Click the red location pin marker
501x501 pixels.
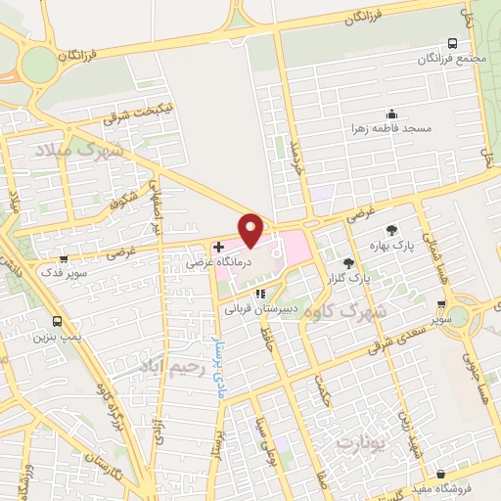pos(252,231)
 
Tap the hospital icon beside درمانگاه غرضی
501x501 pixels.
pos(219,249)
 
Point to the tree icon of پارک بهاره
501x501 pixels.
pos(392,230)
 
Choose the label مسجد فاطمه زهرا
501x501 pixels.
pos(392,128)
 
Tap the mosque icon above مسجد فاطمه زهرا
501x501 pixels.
pos(392,114)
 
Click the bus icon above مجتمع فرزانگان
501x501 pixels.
pos(452,43)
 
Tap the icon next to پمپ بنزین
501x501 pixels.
pos(58,321)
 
